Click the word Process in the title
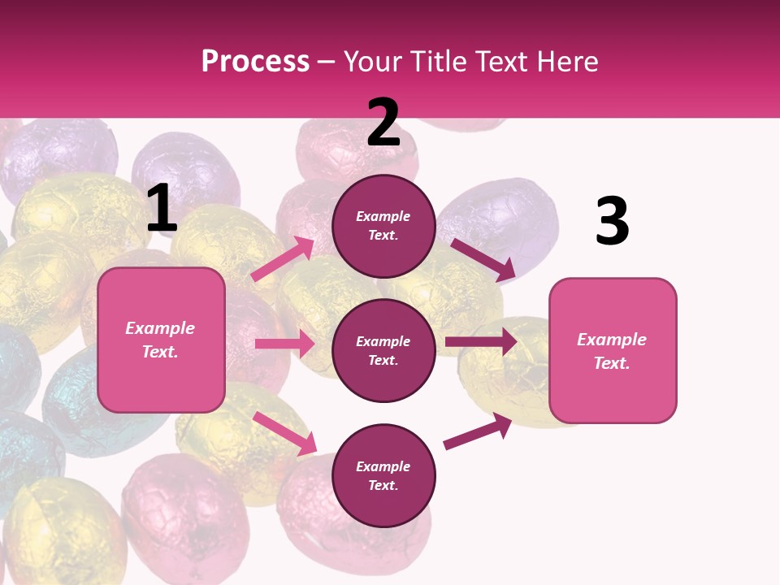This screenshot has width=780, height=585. [x=255, y=62]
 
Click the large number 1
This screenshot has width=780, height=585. [x=162, y=209]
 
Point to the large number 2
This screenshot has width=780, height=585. [x=383, y=123]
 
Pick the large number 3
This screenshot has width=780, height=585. [x=612, y=222]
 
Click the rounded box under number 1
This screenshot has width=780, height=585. [x=161, y=340]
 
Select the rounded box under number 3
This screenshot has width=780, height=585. [x=613, y=350]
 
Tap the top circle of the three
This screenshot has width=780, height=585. [x=383, y=226]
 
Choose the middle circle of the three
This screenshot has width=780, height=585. [x=383, y=350]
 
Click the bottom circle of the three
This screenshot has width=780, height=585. [x=383, y=475]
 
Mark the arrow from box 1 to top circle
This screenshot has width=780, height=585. [x=283, y=259]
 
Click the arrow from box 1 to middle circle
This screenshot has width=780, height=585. [x=284, y=344]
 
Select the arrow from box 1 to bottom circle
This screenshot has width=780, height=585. [x=284, y=433]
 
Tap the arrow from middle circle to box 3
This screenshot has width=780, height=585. [x=481, y=341]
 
